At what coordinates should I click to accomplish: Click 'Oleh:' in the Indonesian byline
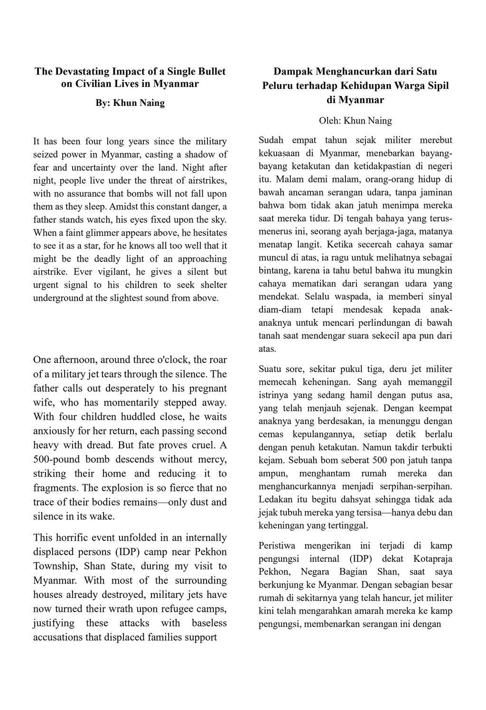coord(330,120)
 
